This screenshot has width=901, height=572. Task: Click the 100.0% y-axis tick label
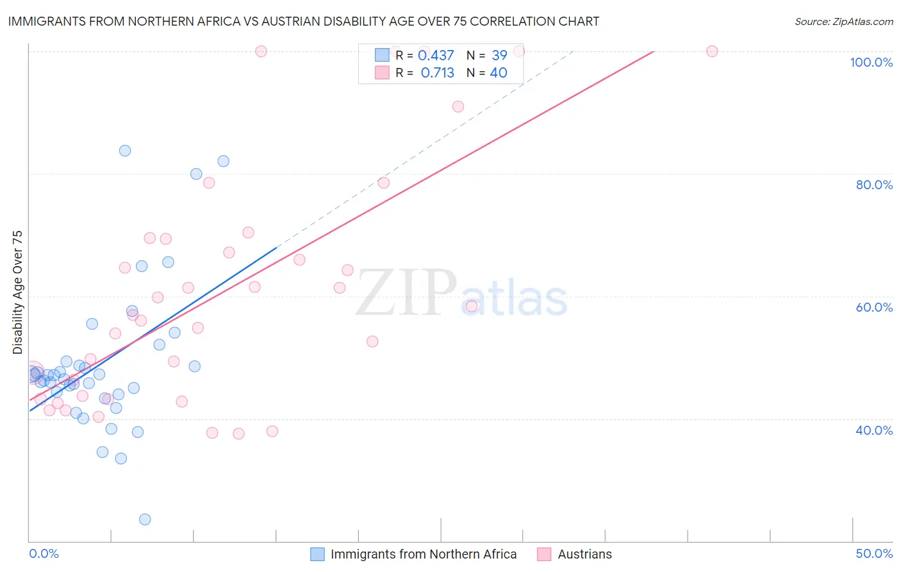[871, 62]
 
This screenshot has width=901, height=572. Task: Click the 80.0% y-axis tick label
[874, 185]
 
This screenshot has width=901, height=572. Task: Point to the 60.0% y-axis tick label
[874, 307]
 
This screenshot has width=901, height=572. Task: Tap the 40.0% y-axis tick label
[874, 430]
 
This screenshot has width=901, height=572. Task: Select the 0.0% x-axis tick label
[44, 553]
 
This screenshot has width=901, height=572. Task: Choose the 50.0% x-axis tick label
[874, 553]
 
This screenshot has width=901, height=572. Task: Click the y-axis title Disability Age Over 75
[17, 292]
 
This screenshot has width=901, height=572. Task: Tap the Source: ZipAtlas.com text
[843, 22]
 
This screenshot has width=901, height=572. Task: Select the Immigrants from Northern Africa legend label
[424, 554]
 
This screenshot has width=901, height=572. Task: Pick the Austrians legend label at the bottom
[584, 554]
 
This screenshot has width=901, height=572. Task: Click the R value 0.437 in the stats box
[436, 56]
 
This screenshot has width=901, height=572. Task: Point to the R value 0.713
[437, 73]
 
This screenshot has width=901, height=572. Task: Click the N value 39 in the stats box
[499, 56]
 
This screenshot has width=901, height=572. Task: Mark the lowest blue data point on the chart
[145, 519]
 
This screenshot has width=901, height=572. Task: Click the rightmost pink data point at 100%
[712, 51]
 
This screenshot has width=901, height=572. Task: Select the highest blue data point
[125, 151]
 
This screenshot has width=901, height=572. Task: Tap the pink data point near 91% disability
[458, 106]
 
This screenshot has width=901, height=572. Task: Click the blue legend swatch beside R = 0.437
[382, 56]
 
